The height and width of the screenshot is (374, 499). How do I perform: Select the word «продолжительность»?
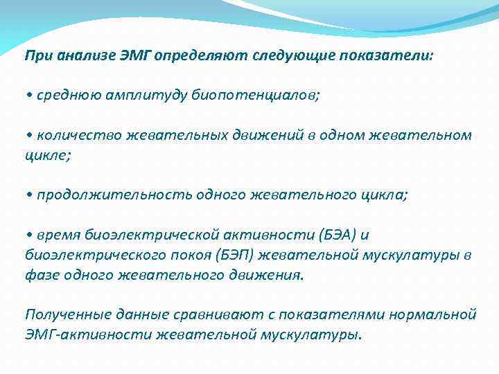click(x=108, y=195)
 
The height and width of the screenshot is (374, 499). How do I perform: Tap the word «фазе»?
click(x=41, y=275)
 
